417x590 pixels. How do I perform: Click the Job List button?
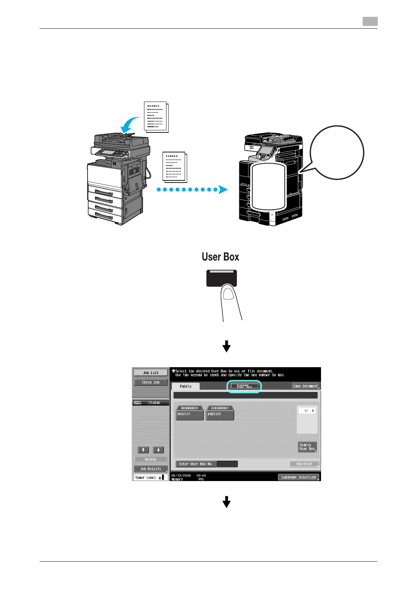point(151,373)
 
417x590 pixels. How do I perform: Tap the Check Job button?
point(151,382)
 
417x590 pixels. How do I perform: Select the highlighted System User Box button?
point(244,386)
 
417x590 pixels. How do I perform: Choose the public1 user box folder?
point(189,413)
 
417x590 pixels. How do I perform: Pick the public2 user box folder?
point(220,413)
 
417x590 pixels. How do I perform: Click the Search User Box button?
point(307,447)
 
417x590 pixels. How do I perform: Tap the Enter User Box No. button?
point(196,464)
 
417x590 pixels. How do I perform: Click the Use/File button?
point(304,464)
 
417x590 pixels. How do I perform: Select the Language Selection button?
point(298,477)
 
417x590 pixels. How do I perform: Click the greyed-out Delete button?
point(151,459)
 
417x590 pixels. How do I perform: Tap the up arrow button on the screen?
point(143,450)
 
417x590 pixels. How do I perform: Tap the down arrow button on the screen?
point(158,450)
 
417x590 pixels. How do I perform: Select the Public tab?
point(185,386)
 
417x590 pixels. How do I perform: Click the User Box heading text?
point(220,257)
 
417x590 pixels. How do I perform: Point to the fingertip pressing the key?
point(228,293)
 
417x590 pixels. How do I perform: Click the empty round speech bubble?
point(337,152)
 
